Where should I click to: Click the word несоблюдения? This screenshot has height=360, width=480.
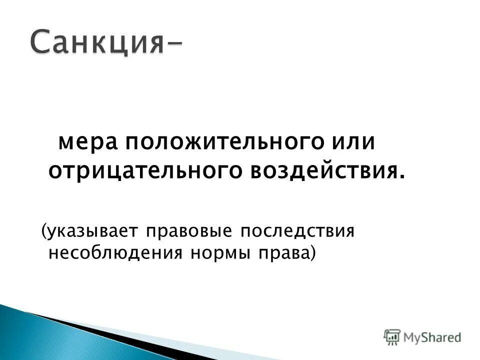tap(115, 253)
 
